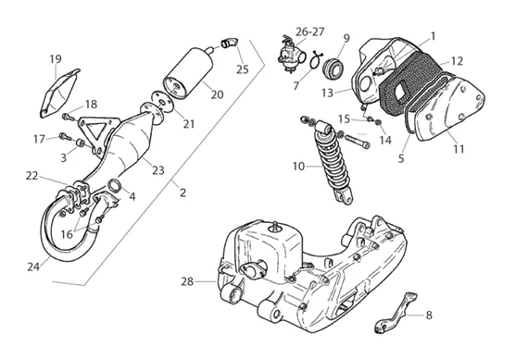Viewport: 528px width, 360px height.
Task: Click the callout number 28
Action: coord(187,281)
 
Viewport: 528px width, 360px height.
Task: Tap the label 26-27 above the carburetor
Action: coord(309,31)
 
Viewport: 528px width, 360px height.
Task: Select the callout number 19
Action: coord(56,59)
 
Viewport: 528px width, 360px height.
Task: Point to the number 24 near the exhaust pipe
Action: coord(33,267)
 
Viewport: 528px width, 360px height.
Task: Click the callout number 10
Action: coord(298,167)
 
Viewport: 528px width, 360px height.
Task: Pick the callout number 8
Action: coord(429,316)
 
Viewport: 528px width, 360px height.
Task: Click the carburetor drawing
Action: coord(291,55)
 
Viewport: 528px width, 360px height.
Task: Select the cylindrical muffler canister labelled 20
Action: coord(189,73)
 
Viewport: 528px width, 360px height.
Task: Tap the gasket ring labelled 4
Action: coord(114,185)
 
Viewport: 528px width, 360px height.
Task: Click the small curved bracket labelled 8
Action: coord(396,313)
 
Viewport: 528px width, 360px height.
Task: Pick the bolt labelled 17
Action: coord(65,136)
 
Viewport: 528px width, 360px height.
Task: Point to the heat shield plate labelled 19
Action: coord(59,93)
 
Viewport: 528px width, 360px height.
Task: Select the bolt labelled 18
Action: coord(69,118)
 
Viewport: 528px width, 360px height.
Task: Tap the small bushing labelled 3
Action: coord(81,143)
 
